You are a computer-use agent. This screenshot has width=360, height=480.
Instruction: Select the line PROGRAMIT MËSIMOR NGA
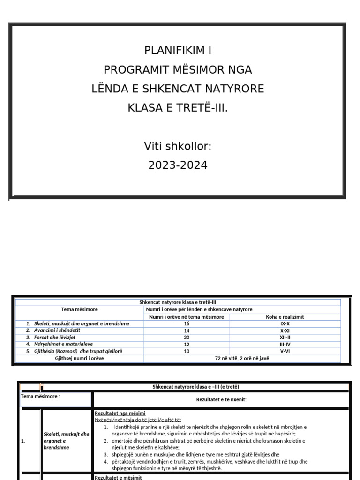pyautogui.click(x=178, y=70)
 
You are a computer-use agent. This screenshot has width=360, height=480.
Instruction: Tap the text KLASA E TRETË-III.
pyautogui.click(x=178, y=108)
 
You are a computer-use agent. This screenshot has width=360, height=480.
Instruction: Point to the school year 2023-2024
pyautogui.click(x=178, y=165)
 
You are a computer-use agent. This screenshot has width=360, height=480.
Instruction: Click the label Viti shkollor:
pyautogui.click(x=178, y=147)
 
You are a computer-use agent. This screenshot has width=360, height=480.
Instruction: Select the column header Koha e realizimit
pyautogui.click(x=285, y=317)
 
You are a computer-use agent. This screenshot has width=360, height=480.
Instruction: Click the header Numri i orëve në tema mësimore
pyautogui.click(x=187, y=317)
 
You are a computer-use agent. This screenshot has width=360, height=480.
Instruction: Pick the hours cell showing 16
pyautogui.click(x=187, y=324)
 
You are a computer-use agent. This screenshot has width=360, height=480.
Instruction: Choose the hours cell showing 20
pyautogui.click(x=187, y=337)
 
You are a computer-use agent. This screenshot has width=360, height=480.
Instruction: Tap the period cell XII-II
pyautogui.click(x=285, y=337)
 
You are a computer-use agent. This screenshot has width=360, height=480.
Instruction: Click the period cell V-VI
pyautogui.click(x=285, y=351)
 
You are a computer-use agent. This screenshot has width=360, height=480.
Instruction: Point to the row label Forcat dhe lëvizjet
pyautogui.click(x=55, y=337)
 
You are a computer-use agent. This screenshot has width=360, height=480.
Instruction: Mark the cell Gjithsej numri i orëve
pyautogui.click(x=79, y=358)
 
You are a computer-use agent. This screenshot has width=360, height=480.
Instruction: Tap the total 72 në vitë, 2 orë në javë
pyautogui.click(x=242, y=358)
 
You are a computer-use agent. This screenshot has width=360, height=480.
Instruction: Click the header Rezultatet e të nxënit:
pyautogui.click(x=221, y=399)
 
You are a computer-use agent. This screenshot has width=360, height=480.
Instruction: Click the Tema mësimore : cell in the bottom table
pyautogui.click(x=40, y=396)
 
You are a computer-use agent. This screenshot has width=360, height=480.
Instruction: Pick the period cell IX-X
pyautogui.click(x=285, y=324)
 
